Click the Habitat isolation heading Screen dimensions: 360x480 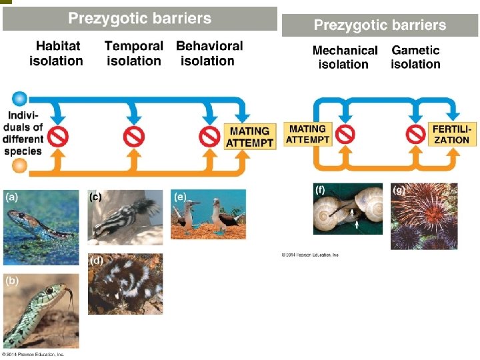click(x=56, y=53)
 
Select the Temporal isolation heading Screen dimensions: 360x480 click(x=133, y=53)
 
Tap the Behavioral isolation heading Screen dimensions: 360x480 click(x=209, y=53)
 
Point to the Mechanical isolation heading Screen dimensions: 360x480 click(x=344, y=57)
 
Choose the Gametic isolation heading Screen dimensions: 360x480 click(x=415, y=57)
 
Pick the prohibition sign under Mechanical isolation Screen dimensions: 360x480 click(x=345, y=134)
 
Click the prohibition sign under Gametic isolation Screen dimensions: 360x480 click(x=416, y=134)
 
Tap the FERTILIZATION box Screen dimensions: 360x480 click(x=451, y=134)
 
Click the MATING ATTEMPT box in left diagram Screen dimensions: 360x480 click(x=249, y=137)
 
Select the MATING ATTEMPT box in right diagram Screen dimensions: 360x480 click(x=307, y=134)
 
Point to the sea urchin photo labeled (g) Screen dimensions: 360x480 click(x=425, y=216)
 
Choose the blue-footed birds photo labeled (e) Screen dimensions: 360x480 click(x=208, y=214)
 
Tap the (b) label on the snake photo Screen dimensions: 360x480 click(x=11, y=281)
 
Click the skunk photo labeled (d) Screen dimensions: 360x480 click(x=125, y=283)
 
